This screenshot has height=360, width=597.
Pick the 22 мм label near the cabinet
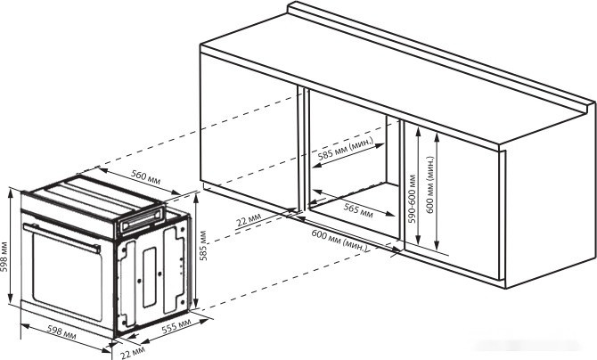tap(249, 219)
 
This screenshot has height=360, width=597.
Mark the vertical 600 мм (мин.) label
tap(429, 184)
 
